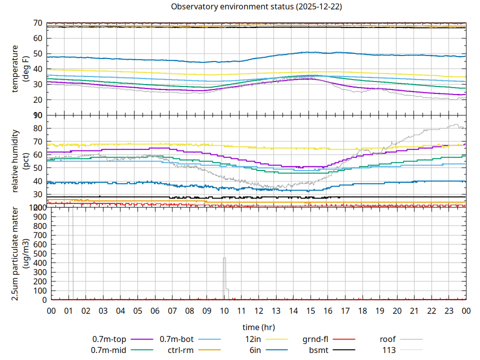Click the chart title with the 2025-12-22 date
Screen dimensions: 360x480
[256, 7]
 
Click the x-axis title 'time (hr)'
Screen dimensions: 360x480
[258, 327]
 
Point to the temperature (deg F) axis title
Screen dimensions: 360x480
[19, 69]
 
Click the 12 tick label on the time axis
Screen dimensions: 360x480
[258, 311]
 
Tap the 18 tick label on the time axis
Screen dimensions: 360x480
[362, 311]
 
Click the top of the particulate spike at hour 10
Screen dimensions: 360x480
[224, 258]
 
